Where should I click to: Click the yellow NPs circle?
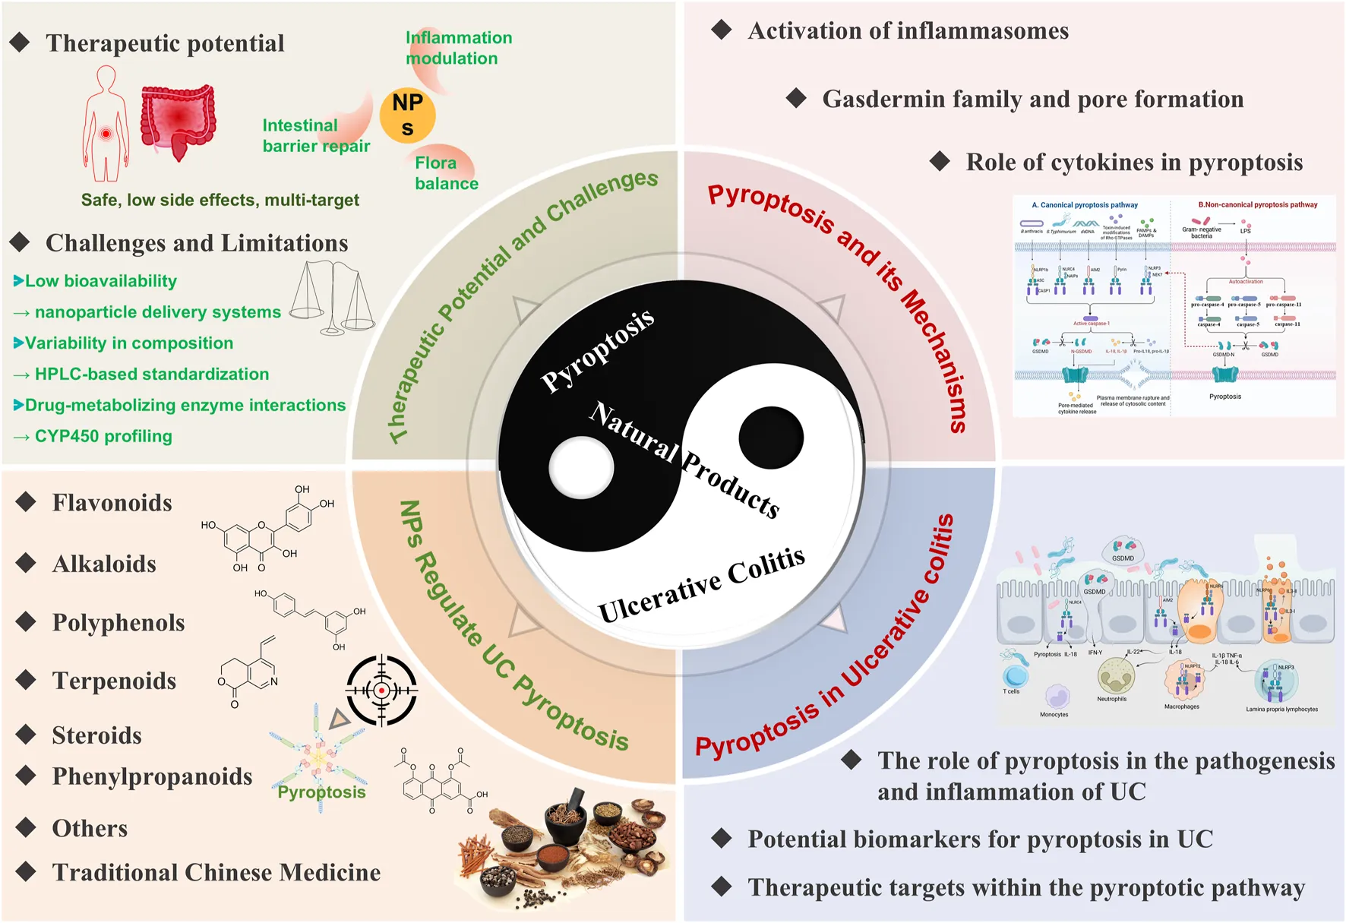tap(407, 115)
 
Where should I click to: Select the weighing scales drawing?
tap(333, 298)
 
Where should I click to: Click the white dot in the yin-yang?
tap(581, 466)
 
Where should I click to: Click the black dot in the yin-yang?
tap(771, 438)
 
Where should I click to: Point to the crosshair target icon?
tap(381, 690)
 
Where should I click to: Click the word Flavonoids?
tap(112, 503)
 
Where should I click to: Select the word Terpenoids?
tap(114, 681)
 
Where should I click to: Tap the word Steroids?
tap(96, 735)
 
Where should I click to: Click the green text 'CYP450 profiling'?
tap(103, 437)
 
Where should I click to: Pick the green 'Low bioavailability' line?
tap(100, 281)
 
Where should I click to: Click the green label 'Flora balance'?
tap(447, 173)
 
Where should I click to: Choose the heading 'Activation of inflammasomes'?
tap(908, 31)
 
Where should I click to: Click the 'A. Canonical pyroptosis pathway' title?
tap(1084, 205)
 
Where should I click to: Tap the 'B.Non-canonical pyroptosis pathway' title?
tap(1257, 205)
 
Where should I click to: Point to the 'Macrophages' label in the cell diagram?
tap(1181, 706)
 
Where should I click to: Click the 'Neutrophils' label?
tap(1111, 699)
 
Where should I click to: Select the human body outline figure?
tap(106, 123)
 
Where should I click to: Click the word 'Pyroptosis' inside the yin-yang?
tap(598, 350)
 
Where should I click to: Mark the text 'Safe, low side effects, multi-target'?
tap(220, 201)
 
